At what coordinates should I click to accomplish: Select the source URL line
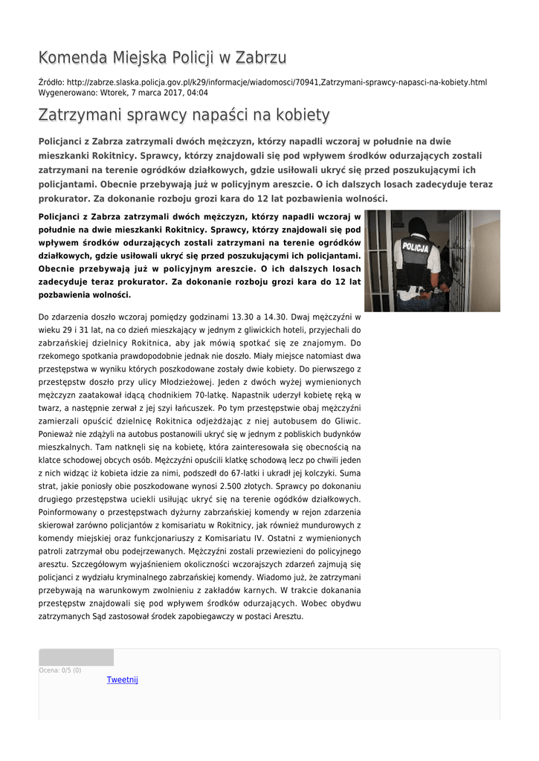(x=262, y=82)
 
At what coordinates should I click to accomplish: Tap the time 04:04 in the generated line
(x=197, y=93)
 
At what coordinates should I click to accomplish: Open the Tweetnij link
(x=123, y=679)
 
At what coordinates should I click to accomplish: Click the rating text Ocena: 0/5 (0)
(x=60, y=670)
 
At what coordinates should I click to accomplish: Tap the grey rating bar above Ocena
(x=76, y=657)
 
